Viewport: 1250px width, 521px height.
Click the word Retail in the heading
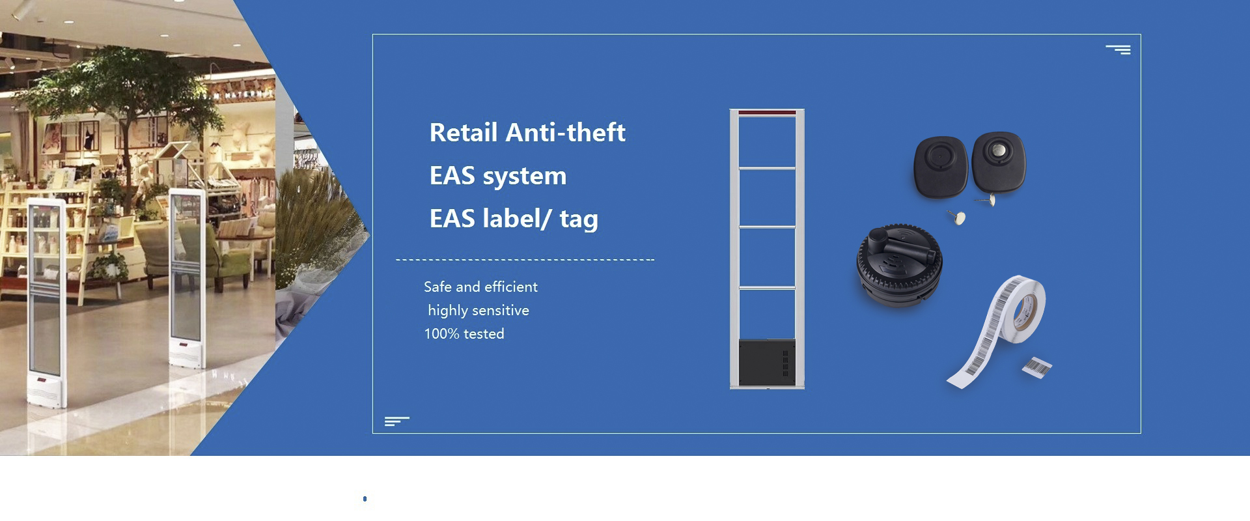[x=464, y=133]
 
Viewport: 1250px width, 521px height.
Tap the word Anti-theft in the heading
[x=566, y=133]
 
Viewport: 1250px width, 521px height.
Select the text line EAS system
[x=498, y=176]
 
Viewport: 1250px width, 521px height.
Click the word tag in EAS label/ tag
[x=579, y=219]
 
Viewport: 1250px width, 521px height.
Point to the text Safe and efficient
[x=480, y=287]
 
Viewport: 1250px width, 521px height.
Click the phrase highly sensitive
[x=479, y=311]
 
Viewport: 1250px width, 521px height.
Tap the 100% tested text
[x=464, y=333]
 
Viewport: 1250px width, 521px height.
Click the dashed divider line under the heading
[x=525, y=260]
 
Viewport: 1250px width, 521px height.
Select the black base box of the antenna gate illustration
[x=767, y=363]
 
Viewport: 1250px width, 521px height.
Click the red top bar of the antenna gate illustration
[x=767, y=113]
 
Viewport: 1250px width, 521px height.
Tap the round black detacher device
[x=899, y=264]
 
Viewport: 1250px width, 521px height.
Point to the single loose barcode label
[x=1037, y=367]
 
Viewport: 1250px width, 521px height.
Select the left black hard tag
[x=941, y=167]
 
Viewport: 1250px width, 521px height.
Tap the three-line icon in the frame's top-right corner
[x=1118, y=49]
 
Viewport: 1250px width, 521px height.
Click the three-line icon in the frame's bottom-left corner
[x=396, y=421]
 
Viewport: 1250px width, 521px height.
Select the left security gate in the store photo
[x=46, y=302]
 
